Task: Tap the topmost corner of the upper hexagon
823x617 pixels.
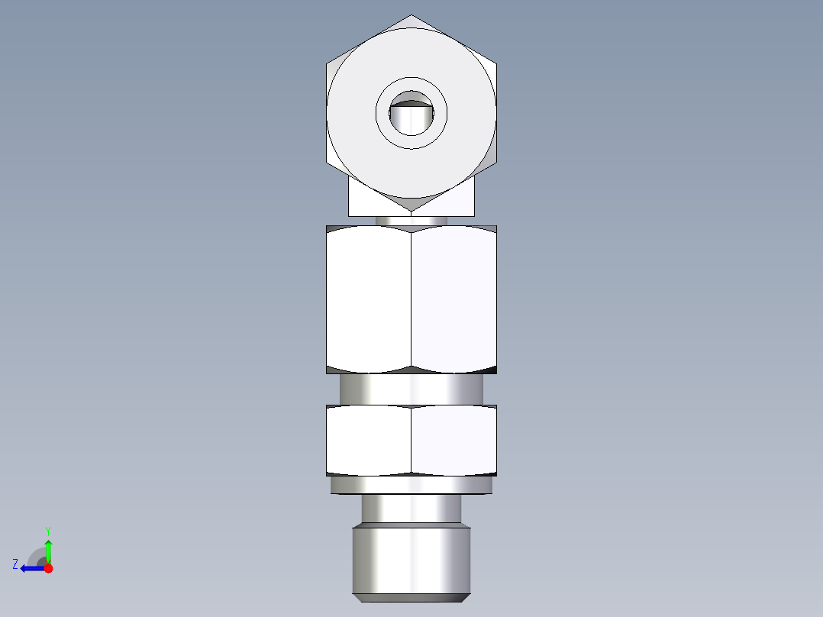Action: pos(411,16)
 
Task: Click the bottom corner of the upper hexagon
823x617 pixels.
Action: pos(411,210)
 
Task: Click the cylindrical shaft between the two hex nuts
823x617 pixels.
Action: pos(411,389)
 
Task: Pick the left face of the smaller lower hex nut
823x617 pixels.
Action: pos(369,441)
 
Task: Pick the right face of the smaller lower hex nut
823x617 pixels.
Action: pos(454,441)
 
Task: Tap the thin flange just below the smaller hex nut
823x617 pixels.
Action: pos(411,485)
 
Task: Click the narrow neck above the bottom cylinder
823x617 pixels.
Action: pos(411,509)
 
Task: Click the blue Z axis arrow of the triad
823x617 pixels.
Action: pos(31,568)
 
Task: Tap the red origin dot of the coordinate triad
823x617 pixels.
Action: pos(48,568)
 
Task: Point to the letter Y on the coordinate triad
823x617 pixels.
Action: pos(47,530)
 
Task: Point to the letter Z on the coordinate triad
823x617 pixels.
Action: pos(15,564)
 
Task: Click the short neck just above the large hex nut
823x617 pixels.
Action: pos(411,221)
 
